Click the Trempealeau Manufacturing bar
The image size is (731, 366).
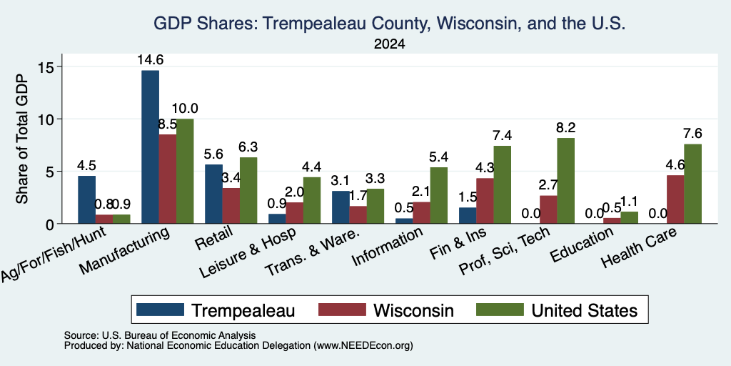click(150, 147)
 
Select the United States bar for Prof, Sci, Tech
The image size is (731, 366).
click(565, 181)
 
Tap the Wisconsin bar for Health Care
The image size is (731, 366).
click(675, 199)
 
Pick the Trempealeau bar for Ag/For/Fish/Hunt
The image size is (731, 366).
click(86, 200)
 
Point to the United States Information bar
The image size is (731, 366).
click(439, 195)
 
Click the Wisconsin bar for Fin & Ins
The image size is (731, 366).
click(485, 201)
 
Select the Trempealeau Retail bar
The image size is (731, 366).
click(213, 194)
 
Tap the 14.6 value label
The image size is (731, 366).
click(150, 60)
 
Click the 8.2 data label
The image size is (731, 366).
click(565, 127)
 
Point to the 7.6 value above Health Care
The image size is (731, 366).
click(692, 134)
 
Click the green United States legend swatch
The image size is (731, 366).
click(500, 310)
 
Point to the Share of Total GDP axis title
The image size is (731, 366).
click(22, 139)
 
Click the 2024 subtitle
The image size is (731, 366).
click(389, 44)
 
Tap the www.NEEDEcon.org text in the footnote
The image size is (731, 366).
click(363, 346)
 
